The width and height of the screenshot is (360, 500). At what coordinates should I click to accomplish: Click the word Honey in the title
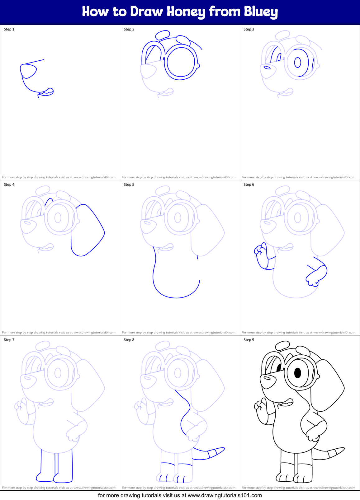click(x=186, y=12)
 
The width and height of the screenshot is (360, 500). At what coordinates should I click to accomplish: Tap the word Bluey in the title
click(x=261, y=12)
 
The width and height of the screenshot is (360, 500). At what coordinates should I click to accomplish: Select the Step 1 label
click(x=9, y=29)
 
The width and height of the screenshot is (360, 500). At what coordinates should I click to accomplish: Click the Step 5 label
click(x=129, y=185)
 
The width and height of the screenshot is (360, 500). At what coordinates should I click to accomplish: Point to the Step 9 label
click(x=249, y=340)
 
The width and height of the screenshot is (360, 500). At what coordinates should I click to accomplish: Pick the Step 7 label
click(x=9, y=340)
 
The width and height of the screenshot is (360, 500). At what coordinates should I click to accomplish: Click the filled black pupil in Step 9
click(x=298, y=373)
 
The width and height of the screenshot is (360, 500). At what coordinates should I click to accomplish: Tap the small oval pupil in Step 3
click(x=298, y=62)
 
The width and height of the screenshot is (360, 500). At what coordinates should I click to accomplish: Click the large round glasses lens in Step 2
click(x=181, y=62)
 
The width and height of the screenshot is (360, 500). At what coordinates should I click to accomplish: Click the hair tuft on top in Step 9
click(x=283, y=345)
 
